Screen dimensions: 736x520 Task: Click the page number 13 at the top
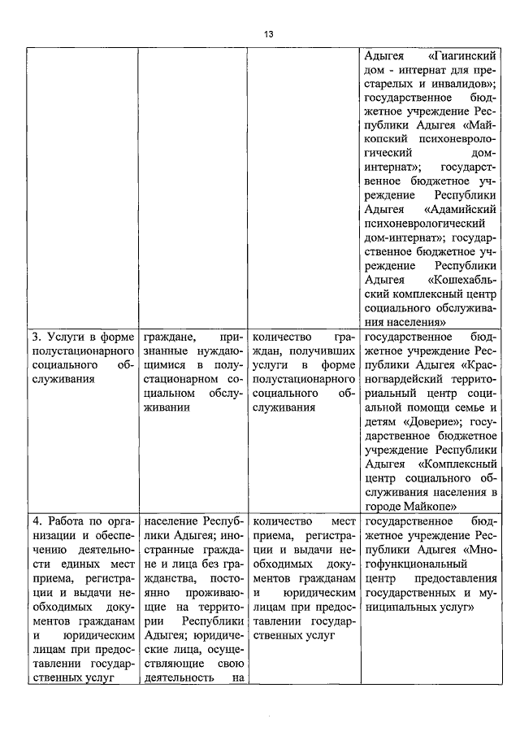pos(268,33)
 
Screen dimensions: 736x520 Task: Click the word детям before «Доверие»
pos(380,422)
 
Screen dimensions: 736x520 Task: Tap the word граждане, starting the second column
pos(170,336)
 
